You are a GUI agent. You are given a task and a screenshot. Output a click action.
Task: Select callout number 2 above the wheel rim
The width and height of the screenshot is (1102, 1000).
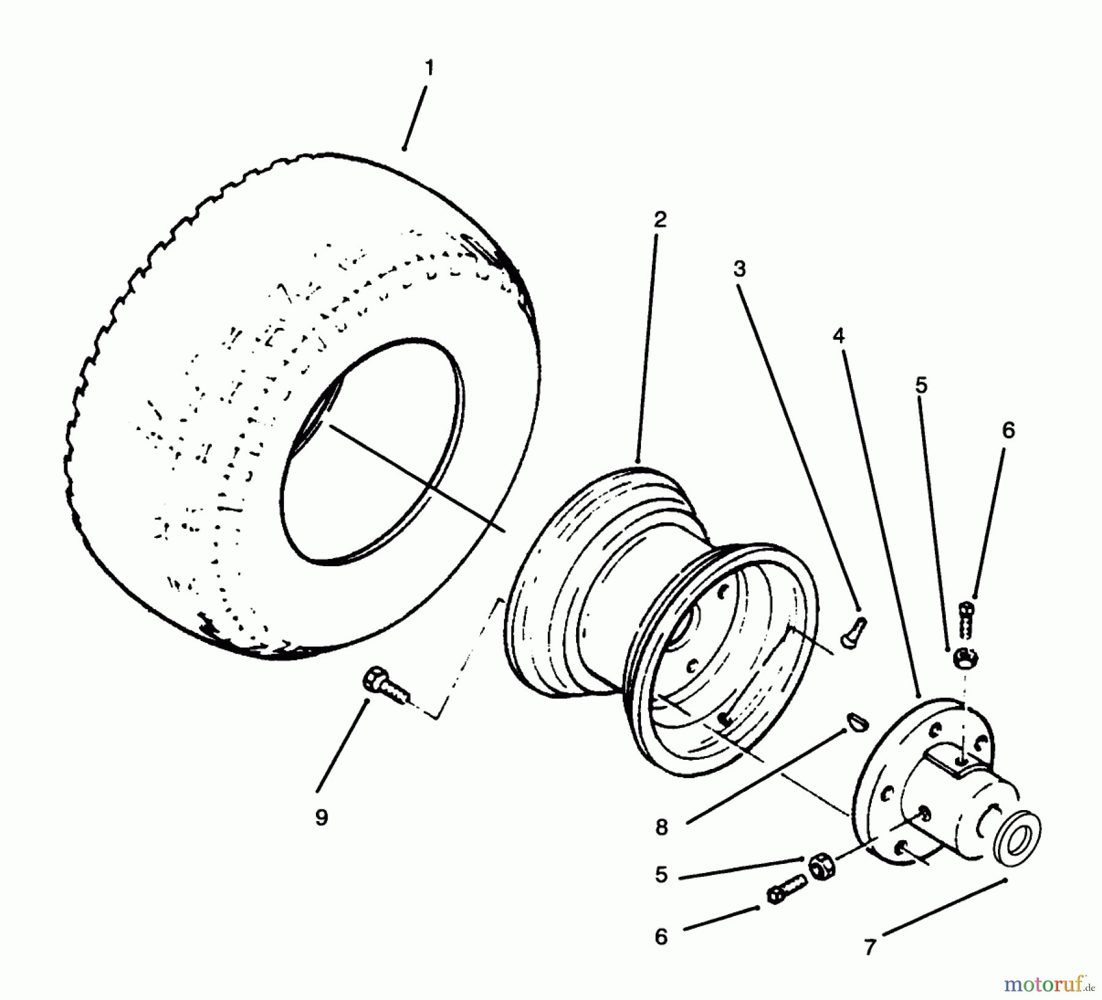[659, 219]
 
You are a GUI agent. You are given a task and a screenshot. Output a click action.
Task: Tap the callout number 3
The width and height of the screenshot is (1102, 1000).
[740, 268]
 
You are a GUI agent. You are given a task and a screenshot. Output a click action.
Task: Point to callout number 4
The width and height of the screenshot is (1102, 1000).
[838, 335]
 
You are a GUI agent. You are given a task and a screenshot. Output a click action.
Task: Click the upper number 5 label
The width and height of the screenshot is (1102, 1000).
[921, 385]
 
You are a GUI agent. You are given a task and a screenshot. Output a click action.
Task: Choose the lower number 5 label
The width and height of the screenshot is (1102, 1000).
[661, 875]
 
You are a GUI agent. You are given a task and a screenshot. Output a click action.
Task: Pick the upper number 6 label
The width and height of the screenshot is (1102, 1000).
[1008, 430]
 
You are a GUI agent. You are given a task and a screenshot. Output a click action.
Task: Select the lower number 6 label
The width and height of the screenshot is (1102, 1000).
[661, 937]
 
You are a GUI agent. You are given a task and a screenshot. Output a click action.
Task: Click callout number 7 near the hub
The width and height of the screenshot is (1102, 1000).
[870, 947]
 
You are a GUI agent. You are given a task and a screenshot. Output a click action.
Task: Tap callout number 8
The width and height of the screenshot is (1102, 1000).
[661, 827]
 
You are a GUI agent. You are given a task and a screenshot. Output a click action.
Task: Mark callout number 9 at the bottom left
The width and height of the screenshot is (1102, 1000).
[321, 817]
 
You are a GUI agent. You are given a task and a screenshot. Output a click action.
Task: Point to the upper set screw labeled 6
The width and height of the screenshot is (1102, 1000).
[966, 619]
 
